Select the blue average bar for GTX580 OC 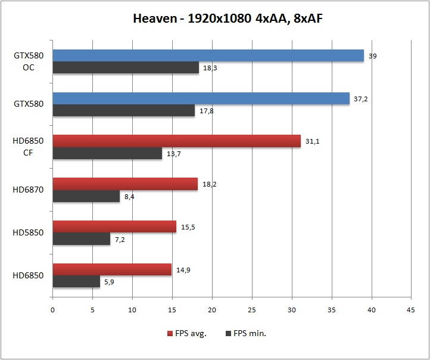click(x=208, y=55)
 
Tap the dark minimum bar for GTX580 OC click(x=126, y=68)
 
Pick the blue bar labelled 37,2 click(x=201, y=98)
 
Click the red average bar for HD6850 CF click(x=176, y=141)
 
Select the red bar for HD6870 click(x=125, y=184)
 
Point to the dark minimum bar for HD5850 click(x=82, y=239)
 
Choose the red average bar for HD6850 click(x=112, y=269)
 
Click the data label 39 click(x=373, y=56)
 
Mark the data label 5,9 click(x=109, y=283)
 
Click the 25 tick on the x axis click(x=252, y=310)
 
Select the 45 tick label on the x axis click(x=411, y=310)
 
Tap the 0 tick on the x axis click(x=52, y=310)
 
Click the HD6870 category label click(x=29, y=190)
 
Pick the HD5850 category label click(x=29, y=233)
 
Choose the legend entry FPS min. click(x=245, y=333)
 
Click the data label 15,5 click(x=189, y=227)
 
